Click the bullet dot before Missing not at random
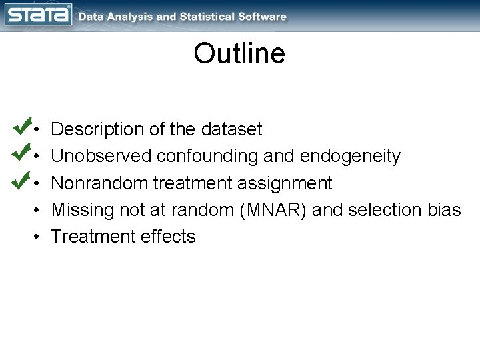coord(39,210)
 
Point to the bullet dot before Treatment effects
coord(39,237)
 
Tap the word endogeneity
coord(351,156)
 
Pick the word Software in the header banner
coord(263,17)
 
